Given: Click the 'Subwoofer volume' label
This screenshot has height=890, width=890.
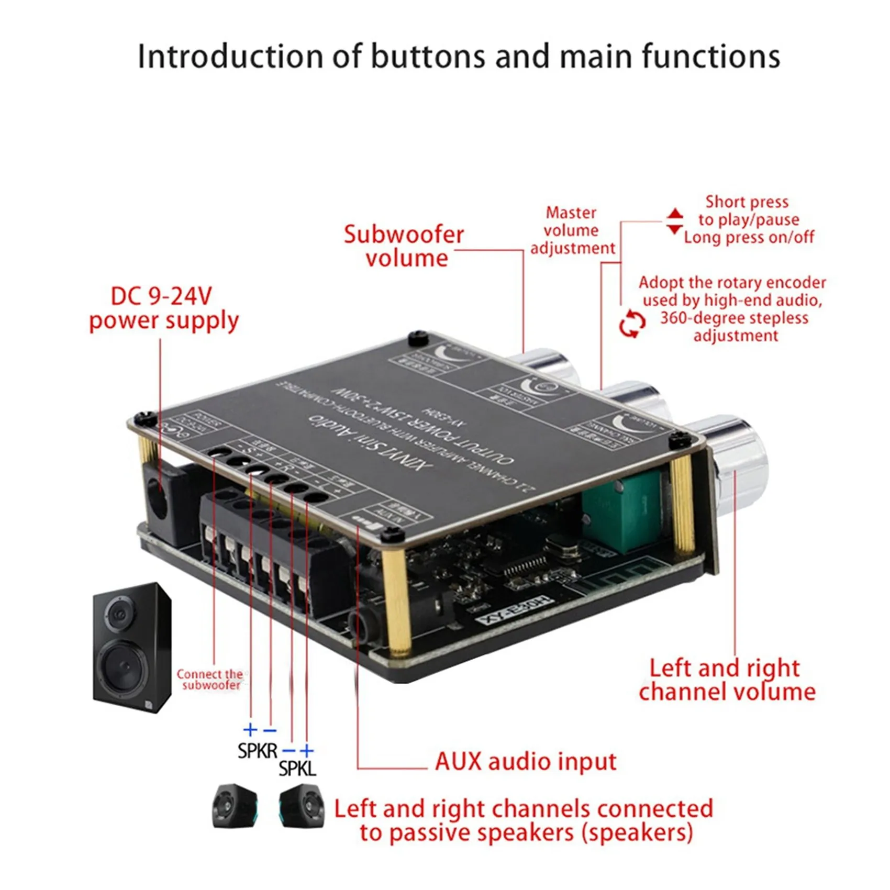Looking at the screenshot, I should click(404, 246).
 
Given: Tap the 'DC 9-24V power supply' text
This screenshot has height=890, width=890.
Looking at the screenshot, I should click(163, 309).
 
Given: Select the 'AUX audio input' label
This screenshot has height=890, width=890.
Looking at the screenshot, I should click(525, 761).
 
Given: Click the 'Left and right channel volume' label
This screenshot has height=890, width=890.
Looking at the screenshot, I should click(727, 680).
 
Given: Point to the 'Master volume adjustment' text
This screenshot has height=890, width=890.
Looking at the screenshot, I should click(572, 230).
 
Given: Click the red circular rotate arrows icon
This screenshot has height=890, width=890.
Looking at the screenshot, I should click(632, 324).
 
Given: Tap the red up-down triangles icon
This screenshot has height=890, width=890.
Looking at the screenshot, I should click(674, 221).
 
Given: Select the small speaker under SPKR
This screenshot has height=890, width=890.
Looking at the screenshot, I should click(235, 806).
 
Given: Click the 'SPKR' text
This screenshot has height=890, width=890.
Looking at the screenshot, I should click(257, 751).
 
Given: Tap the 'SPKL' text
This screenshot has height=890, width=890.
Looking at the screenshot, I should click(297, 769).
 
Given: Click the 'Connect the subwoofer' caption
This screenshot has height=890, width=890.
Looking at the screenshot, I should click(210, 680).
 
